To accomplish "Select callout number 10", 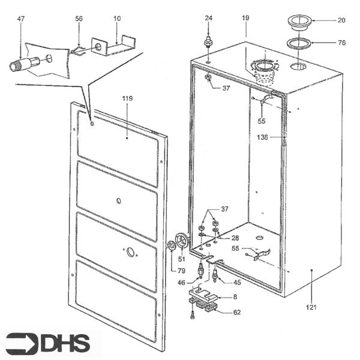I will (117, 19).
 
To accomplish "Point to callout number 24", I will (208, 19).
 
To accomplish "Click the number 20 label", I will (341, 20).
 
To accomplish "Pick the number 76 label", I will (341, 43).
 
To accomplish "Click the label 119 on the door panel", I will (127, 97).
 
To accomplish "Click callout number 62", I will (236, 312).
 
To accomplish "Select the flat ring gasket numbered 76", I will (297, 43).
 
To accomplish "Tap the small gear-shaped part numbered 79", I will (172, 245).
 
